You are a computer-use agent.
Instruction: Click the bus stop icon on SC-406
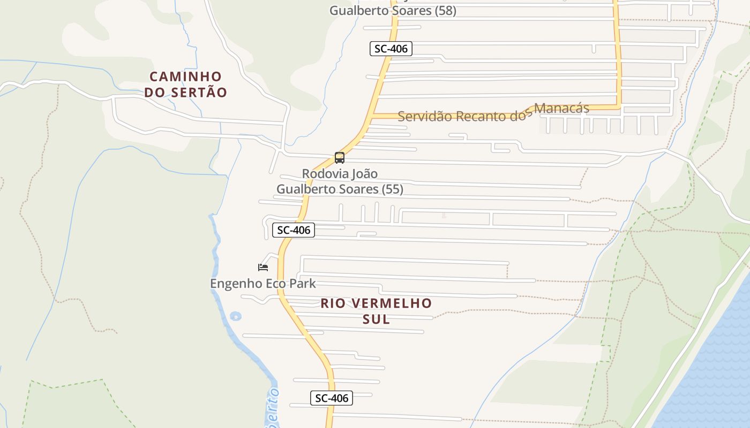[x=339, y=158]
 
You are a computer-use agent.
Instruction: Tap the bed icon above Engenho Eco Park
[x=262, y=267]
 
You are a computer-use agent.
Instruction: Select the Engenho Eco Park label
[x=262, y=284]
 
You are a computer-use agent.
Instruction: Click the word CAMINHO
[x=185, y=77]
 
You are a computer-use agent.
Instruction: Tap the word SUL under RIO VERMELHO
[x=376, y=319]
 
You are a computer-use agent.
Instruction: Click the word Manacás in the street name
[x=561, y=109]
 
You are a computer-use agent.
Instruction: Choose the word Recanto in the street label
[x=479, y=116]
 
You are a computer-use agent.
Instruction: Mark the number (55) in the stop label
[x=392, y=189]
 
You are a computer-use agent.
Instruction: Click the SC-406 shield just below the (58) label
[x=391, y=49]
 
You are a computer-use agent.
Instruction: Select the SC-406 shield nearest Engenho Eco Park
[x=293, y=230]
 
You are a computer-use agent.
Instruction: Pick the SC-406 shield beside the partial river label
[x=331, y=398]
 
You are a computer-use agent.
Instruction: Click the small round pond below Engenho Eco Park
[x=235, y=316]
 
